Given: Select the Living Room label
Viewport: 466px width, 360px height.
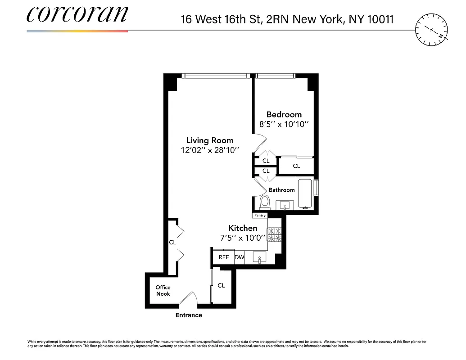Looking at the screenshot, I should click(210, 140).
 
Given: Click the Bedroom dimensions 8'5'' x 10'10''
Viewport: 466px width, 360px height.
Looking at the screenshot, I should click(284, 124).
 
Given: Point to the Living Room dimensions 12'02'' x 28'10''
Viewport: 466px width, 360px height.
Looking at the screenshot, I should click(210, 150).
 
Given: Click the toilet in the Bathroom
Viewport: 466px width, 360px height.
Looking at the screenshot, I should click(264, 202).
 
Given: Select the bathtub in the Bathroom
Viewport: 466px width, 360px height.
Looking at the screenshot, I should click(305, 194).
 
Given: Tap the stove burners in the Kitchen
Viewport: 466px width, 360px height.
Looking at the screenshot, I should click(274, 234).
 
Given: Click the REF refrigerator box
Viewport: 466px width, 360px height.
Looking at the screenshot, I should click(224, 257).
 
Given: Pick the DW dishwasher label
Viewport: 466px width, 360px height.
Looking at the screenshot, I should click(239, 257).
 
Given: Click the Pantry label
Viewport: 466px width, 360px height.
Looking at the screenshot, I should click(260, 216).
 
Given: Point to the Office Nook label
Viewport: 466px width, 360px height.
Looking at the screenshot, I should click(163, 290).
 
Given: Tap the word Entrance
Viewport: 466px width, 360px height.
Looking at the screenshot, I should click(189, 315).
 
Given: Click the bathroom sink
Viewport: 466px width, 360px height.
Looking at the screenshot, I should click(285, 206).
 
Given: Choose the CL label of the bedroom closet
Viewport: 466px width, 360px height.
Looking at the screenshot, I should click(296, 166).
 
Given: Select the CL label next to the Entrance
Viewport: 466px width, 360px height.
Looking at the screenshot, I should click(221, 285).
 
